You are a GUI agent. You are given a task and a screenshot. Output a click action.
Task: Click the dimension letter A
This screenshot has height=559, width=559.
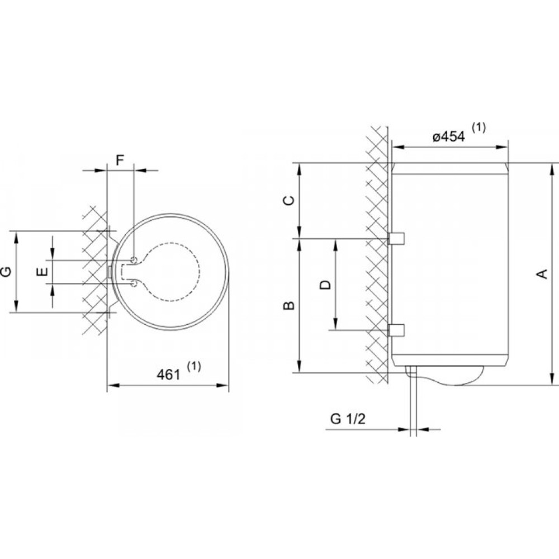click(542, 274)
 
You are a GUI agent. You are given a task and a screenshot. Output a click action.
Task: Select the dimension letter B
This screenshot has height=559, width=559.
click(289, 306)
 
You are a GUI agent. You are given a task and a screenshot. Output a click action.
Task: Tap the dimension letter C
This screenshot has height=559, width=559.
click(289, 200)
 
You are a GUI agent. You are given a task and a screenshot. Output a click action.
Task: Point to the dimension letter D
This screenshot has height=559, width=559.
click(325, 285)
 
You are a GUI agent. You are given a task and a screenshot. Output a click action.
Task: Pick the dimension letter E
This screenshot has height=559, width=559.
click(42, 272)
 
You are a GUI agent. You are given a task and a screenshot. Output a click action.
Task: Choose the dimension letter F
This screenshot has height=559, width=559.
click(120, 160)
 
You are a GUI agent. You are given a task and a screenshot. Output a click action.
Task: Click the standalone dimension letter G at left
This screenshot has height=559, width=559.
click(6, 272)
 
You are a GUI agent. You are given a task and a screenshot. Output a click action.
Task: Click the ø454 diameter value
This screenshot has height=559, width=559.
click(449, 136)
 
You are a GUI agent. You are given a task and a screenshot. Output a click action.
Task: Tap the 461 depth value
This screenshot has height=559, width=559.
click(168, 375)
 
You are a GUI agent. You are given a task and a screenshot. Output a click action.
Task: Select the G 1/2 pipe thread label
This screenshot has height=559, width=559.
click(348, 419)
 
